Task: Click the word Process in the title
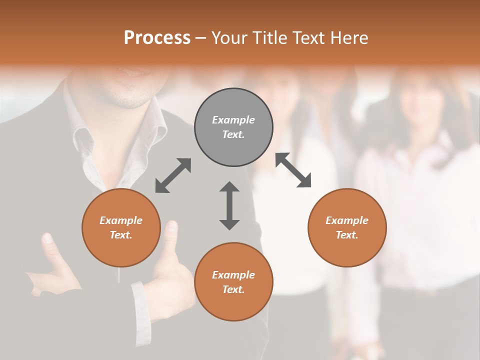click(157, 38)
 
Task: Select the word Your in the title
click(230, 38)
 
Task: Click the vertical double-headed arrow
click(229, 205)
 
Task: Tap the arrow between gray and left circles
click(173, 175)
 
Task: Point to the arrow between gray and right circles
click(293, 170)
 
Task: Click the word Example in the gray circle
click(233, 120)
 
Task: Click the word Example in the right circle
click(347, 220)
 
